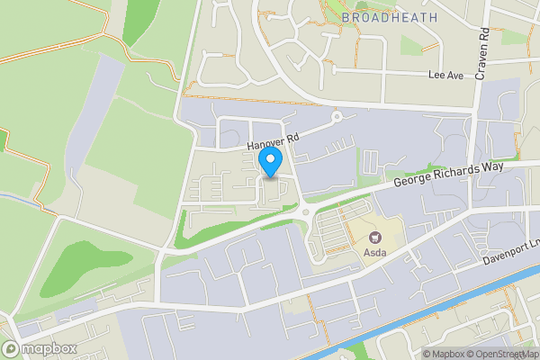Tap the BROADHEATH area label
[390, 17]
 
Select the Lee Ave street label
[445, 76]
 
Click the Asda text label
[375, 253]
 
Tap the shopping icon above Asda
[375, 238]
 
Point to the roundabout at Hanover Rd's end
[337, 116]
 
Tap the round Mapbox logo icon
[11, 349]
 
